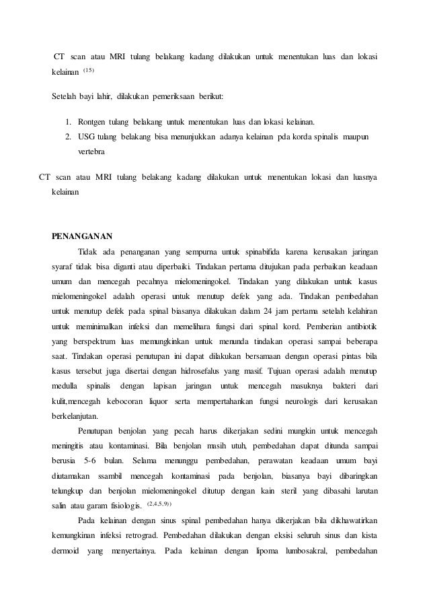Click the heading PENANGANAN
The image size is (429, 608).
click(82, 236)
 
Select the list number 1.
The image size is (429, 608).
click(68, 123)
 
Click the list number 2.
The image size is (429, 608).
click(68, 137)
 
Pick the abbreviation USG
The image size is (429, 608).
click(87, 137)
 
